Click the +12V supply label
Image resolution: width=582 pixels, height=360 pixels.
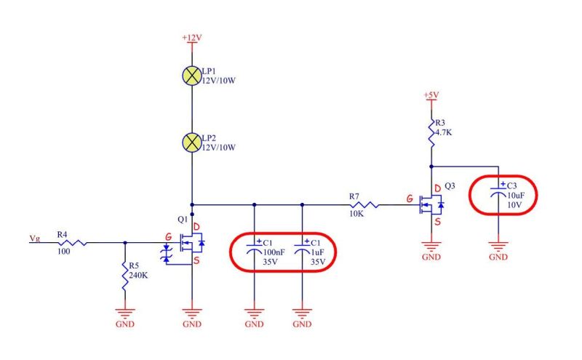(191, 36)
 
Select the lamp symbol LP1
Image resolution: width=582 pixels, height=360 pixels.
(191, 74)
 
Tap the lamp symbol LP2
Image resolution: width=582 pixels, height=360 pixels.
(191, 141)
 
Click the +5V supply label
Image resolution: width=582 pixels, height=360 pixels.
(431, 95)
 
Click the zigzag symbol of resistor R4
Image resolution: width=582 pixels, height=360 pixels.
(75, 242)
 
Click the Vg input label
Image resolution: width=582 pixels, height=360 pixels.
(35, 238)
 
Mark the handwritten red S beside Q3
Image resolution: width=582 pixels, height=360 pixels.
(439, 223)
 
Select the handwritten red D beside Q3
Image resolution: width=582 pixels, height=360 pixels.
(436, 189)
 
